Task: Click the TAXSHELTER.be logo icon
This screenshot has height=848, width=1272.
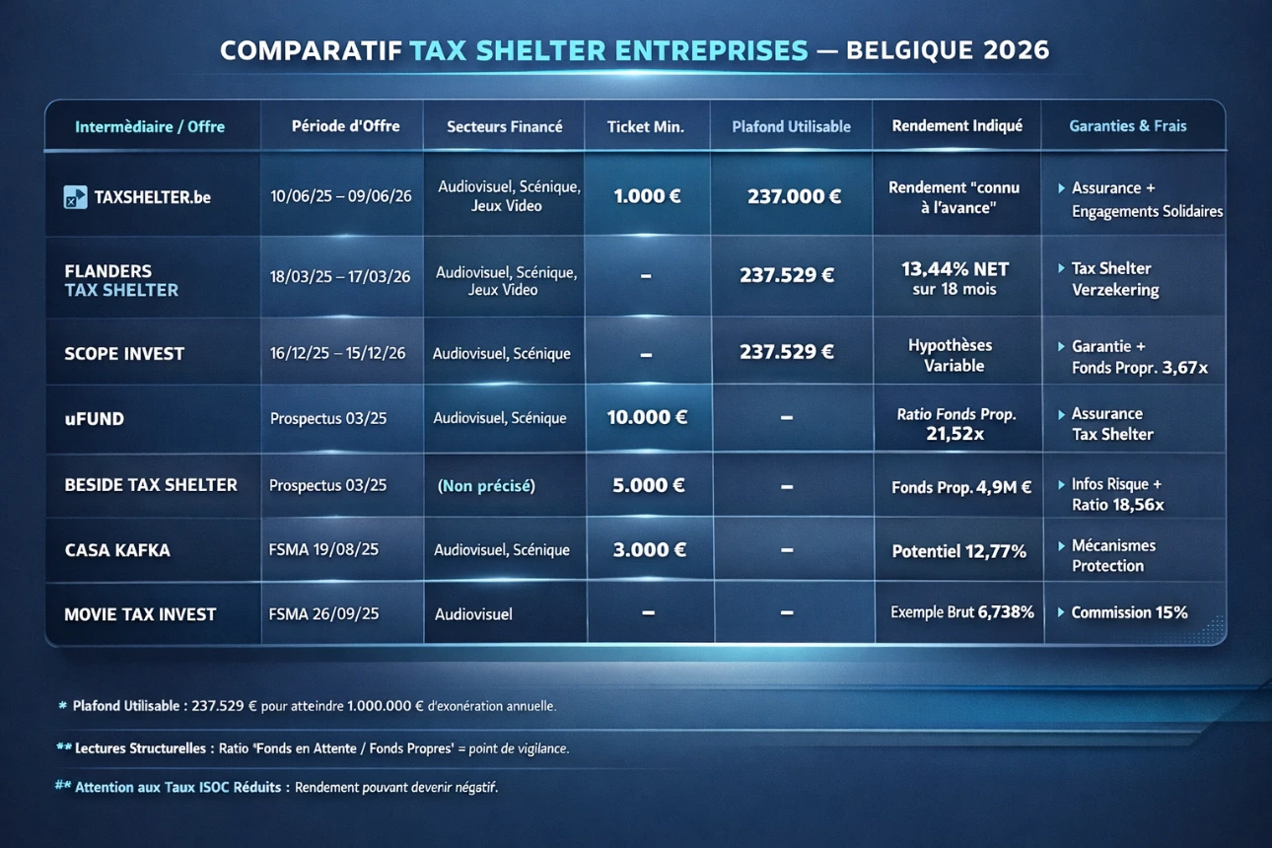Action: (x=75, y=197)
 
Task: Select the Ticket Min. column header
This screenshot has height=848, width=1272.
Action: (x=645, y=126)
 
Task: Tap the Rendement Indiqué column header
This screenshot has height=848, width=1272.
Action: (x=956, y=126)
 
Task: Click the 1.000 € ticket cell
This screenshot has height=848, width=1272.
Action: (x=647, y=196)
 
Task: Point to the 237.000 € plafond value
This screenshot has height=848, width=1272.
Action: (x=794, y=196)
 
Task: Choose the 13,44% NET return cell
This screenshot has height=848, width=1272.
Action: (x=954, y=278)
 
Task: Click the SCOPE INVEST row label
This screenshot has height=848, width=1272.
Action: (x=124, y=354)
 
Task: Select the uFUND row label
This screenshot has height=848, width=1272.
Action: (x=95, y=418)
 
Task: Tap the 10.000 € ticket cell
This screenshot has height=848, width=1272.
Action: (x=647, y=417)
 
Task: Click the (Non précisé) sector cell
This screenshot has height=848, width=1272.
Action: (x=486, y=485)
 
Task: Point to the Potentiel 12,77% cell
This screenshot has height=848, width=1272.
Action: (x=958, y=551)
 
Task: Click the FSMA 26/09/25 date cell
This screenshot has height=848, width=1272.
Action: (x=323, y=613)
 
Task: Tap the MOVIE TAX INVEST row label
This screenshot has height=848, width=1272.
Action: (x=140, y=614)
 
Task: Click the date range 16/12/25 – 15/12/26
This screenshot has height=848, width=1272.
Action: (x=338, y=353)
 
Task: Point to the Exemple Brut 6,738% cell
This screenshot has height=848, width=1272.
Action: (x=961, y=612)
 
